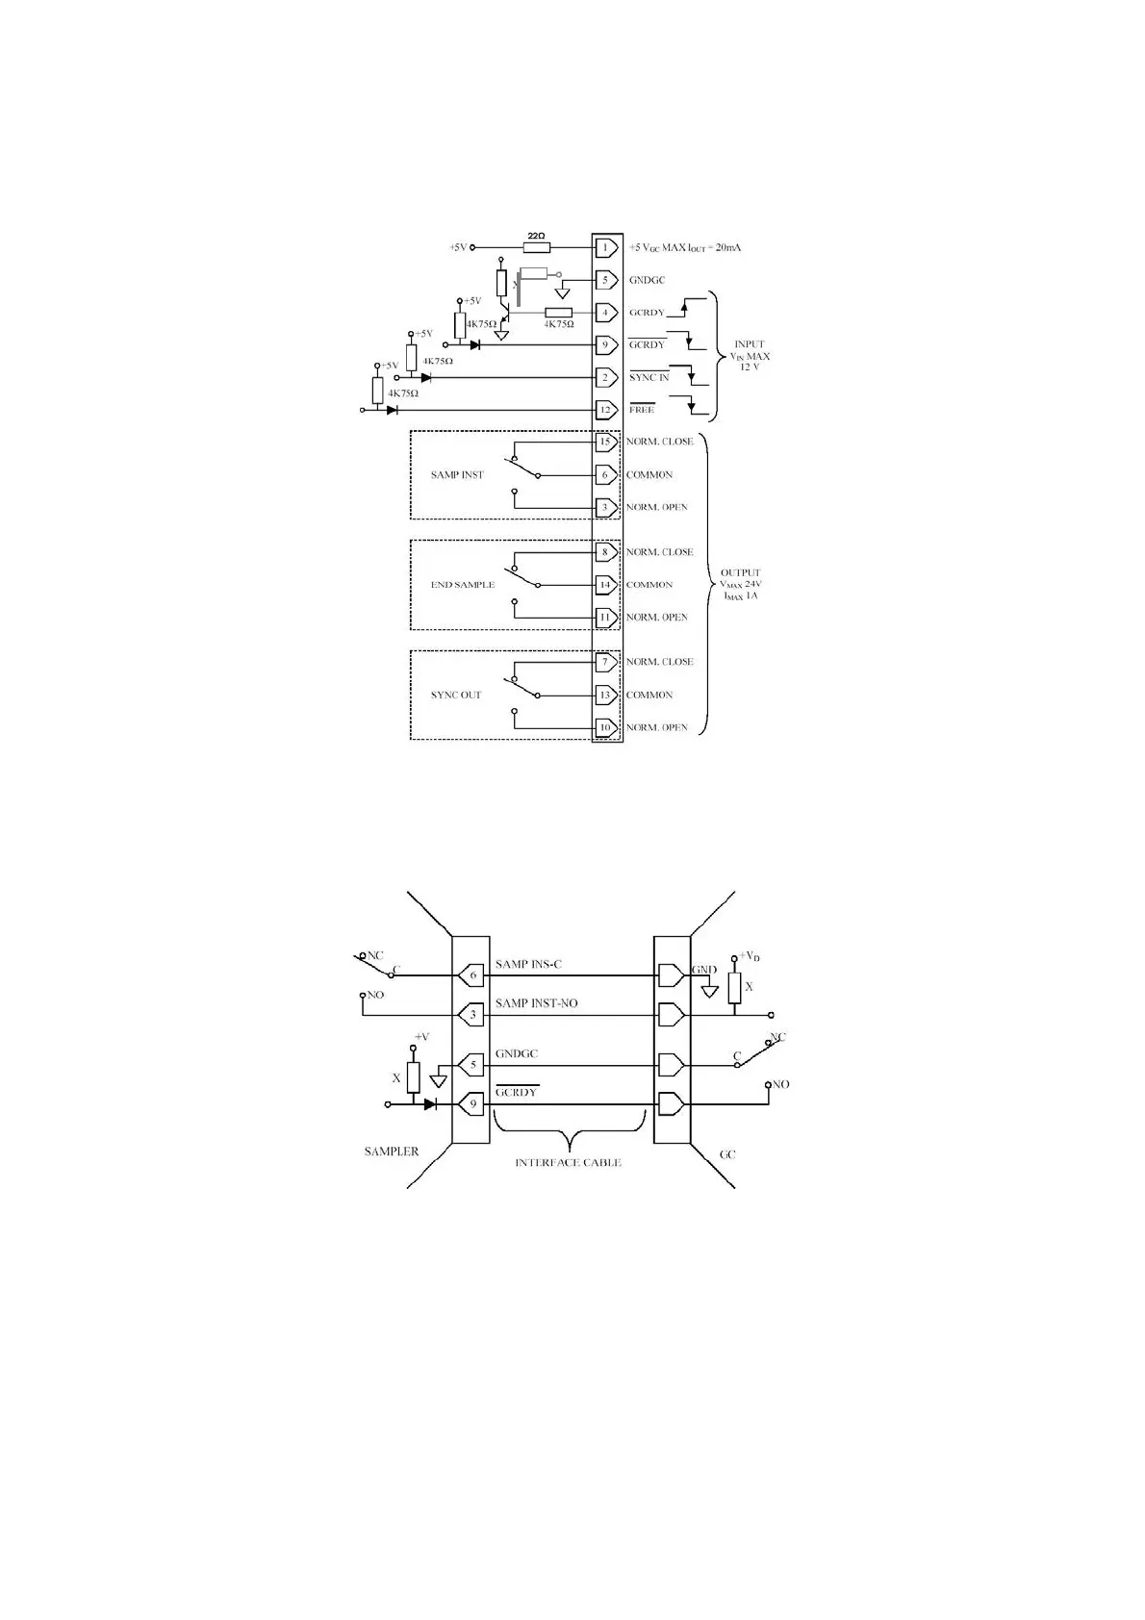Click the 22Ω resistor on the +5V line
tap(536, 247)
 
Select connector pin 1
tap(605, 248)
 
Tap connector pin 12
tap(605, 410)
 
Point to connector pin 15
tap(605, 443)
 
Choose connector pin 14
tap(605, 585)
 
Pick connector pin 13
tap(605, 695)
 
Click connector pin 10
tap(605, 727)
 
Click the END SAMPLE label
tap(463, 585)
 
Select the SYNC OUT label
tap(456, 695)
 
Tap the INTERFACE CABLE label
tap(568, 1162)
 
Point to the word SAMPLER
tap(391, 1152)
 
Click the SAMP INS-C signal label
tap(528, 964)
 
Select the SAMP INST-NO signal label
tap(536, 1003)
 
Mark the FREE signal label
tap(642, 410)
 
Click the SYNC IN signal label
tap(649, 377)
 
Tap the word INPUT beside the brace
tap(750, 344)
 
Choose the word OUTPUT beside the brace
tap(740, 572)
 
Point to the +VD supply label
tap(750, 956)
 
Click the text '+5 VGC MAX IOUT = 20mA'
tap(684, 248)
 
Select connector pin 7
tap(605, 662)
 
